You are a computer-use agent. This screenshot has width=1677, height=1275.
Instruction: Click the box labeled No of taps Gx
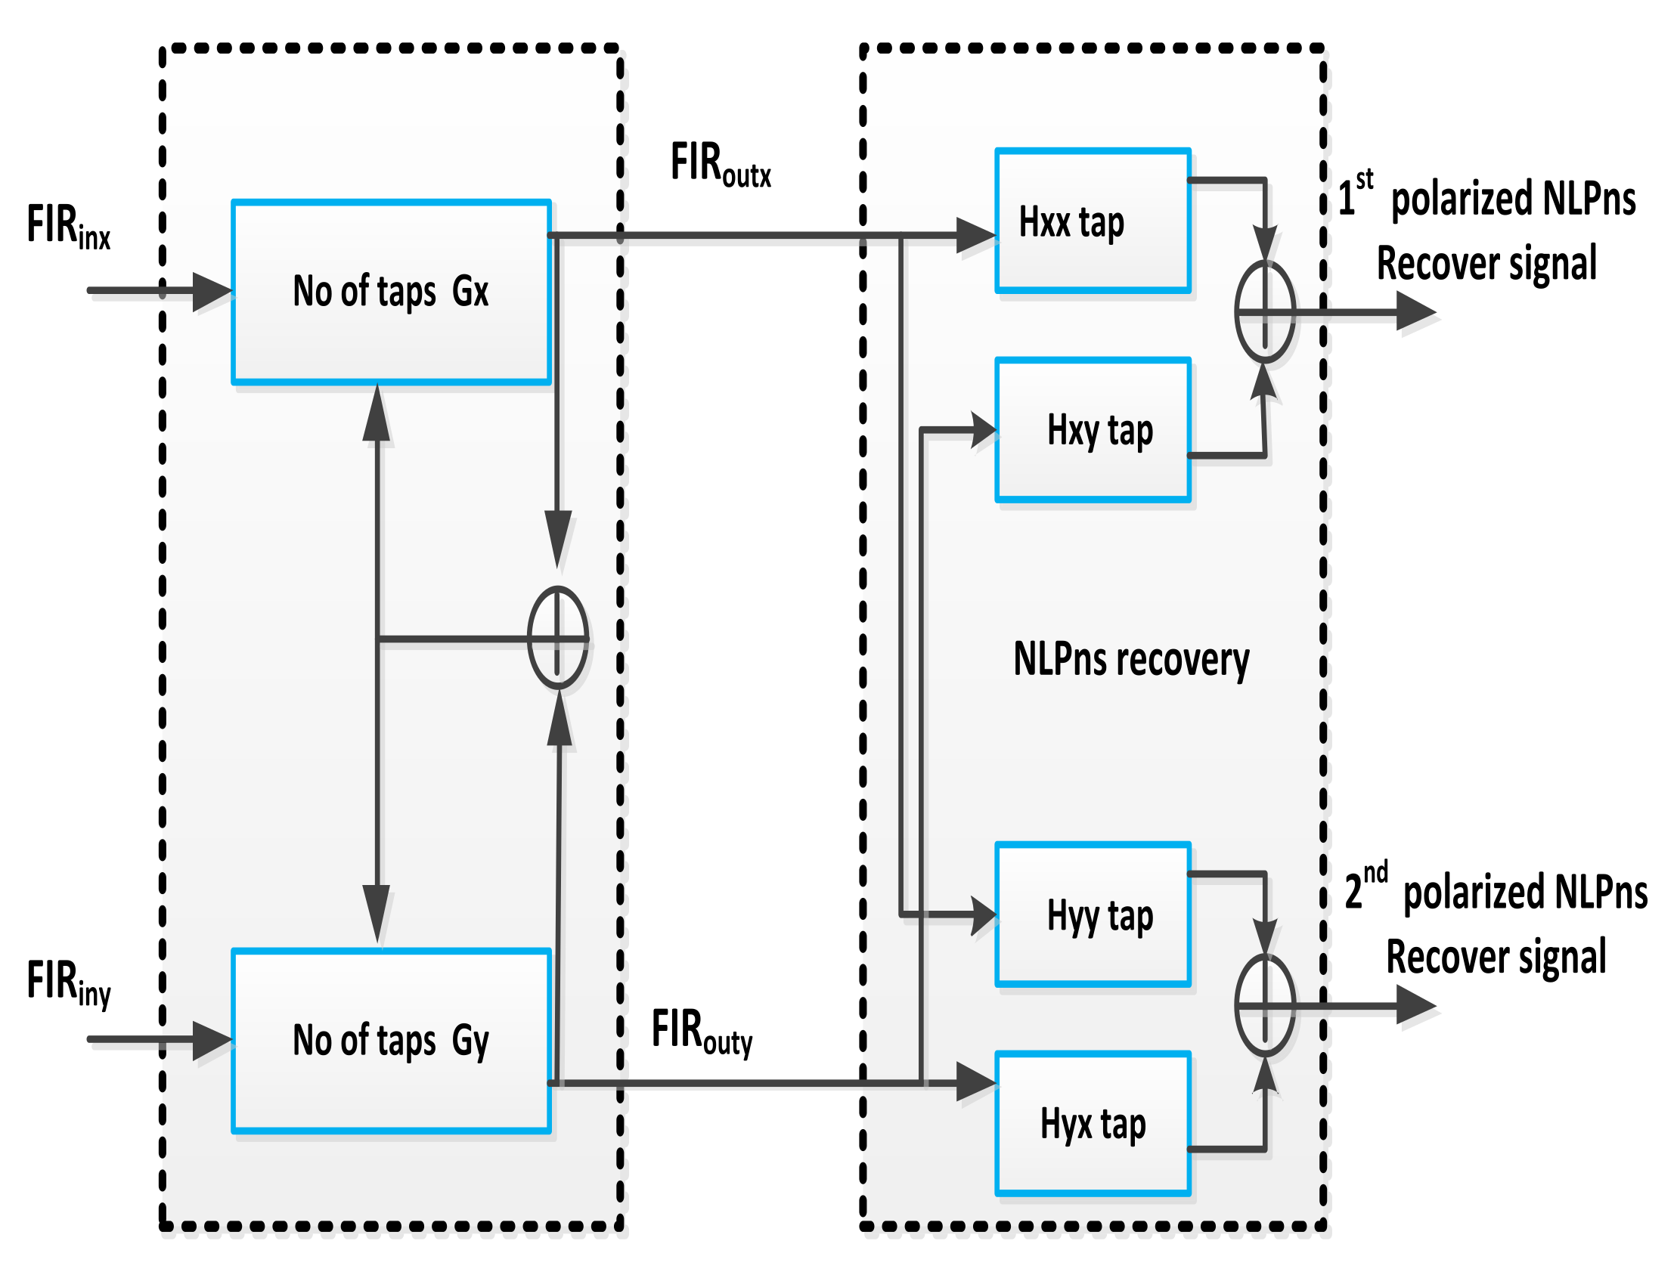click(x=391, y=292)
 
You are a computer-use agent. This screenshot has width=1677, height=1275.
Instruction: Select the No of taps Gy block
click(x=391, y=1041)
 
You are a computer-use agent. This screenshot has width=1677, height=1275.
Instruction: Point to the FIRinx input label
click(x=68, y=226)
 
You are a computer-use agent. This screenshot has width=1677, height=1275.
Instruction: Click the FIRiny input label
click(x=68, y=982)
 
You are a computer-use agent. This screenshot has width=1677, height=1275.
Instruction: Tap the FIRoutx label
click(x=720, y=164)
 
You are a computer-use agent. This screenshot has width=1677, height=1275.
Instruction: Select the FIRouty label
click(x=702, y=1032)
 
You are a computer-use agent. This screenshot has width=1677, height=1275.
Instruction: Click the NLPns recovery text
click(x=1131, y=659)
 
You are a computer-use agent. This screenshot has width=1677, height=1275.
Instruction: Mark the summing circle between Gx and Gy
click(x=557, y=639)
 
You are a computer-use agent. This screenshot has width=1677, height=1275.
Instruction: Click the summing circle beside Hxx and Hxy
click(x=1264, y=311)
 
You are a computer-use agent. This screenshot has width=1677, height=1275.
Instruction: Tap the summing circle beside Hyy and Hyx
click(x=1264, y=1006)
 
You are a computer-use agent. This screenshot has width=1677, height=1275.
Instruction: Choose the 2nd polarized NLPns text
click(x=1496, y=892)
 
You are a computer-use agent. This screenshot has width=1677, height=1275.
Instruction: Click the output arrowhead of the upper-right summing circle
click(x=1415, y=311)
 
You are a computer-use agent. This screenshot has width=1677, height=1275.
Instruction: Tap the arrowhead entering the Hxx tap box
click(x=975, y=235)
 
